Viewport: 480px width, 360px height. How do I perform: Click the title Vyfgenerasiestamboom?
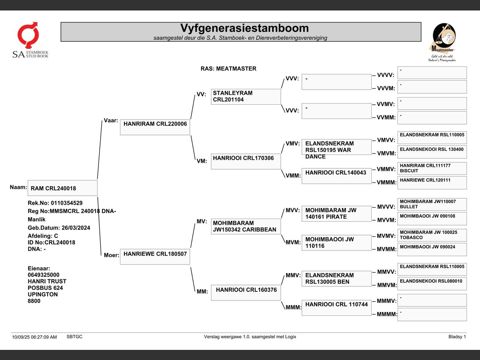pyautogui.click(x=244, y=28)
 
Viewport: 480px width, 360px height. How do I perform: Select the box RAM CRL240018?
pyautogui.click(x=62, y=188)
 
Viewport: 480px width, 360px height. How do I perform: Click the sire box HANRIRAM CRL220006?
pyautogui.click(x=155, y=127)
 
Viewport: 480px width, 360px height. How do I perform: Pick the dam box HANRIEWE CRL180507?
pyautogui.click(x=155, y=256)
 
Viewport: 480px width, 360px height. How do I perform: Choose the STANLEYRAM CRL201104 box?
pyautogui.click(x=246, y=96)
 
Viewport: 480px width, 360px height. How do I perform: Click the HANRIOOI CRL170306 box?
pyautogui.click(x=246, y=161)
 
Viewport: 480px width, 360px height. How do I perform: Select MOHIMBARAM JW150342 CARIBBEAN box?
pyautogui.click(x=246, y=226)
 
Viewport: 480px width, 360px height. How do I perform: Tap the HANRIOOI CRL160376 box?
pyautogui.click(x=246, y=292)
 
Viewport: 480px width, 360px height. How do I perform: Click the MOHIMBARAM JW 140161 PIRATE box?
pyautogui.click(x=336, y=213)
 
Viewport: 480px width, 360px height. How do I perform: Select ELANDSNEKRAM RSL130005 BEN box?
pyautogui.click(x=336, y=279)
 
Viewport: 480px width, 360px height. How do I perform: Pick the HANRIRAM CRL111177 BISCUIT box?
pyautogui.click(x=432, y=168)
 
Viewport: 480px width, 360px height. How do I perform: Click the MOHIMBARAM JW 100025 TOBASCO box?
pyautogui.click(x=432, y=235)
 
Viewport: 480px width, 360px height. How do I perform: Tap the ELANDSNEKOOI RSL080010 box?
pyautogui.click(x=432, y=283)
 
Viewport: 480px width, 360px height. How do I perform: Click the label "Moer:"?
pyautogui.click(x=111, y=255)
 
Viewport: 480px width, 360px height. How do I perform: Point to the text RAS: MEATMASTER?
pyautogui.click(x=228, y=69)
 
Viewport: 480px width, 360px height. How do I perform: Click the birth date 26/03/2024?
pyautogui.click(x=76, y=228)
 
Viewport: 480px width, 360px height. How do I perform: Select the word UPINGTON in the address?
pyautogui.click(x=43, y=294)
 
